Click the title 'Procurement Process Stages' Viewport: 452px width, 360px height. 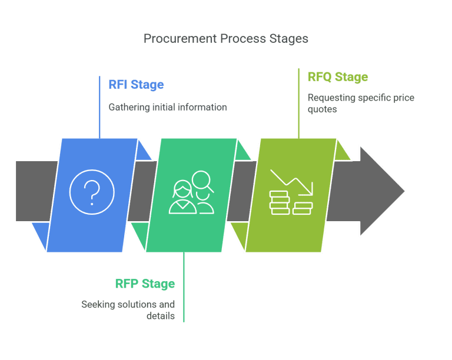pyautogui.click(x=226, y=39)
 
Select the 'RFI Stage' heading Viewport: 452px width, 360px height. pyautogui.click(x=136, y=85)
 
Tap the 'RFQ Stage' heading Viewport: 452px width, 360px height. pyautogui.click(x=337, y=77)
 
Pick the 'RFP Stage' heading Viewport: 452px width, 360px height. pyautogui.click(x=145, y=284)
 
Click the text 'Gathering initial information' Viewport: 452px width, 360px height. pyautogui.click(x=168, y=108)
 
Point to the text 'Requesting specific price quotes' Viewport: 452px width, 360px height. pyautogui.click(x=360, y=103)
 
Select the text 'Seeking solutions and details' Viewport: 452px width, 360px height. pyautogui.click(x=128, y=310)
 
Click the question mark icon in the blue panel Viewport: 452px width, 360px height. pyautogui.click(x=92, y=192)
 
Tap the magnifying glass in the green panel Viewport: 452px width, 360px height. pyautogui.click(x=202, y=180)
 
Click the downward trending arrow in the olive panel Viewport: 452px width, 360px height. pyautogui.click(x=292, y=182)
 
